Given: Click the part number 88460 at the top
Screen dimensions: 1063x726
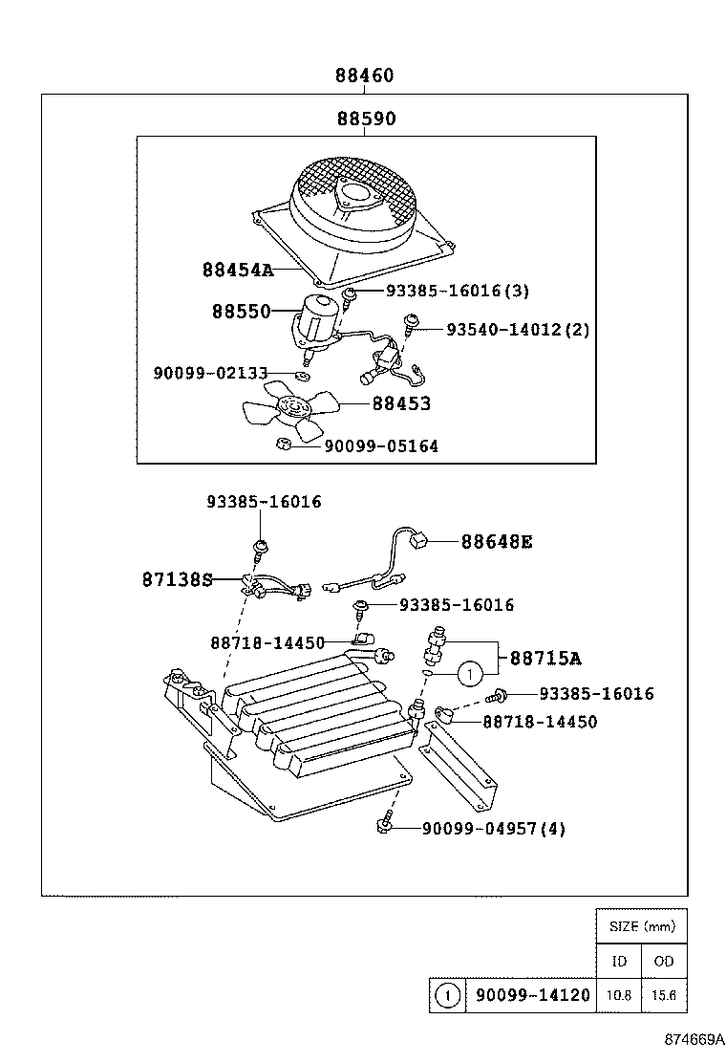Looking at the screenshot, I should (x=364, y=76).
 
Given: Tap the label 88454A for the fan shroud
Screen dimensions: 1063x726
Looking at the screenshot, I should (x=237, y=270).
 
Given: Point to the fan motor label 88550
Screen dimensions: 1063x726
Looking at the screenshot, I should (x=241, y=312).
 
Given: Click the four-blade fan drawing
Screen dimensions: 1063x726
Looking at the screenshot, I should (x=288, y=408).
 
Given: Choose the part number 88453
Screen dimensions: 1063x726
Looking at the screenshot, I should (x=399, y=404).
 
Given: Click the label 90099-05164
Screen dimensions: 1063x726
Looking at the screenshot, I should (x=381, y=446).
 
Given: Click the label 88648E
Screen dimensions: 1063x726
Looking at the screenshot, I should (x=497, y=542).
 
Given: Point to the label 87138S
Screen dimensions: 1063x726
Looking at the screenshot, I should (x=177, y=578).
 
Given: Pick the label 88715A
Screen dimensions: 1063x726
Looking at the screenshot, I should (x=545, y=659).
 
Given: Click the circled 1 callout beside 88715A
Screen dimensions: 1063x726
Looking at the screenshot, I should (x=468, y=675).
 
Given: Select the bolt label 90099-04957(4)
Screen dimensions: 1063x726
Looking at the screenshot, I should (x=493, y=829).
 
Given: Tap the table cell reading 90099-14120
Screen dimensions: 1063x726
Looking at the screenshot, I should (x=532, y=995).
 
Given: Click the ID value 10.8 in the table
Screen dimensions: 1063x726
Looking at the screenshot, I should (x=618, y=995).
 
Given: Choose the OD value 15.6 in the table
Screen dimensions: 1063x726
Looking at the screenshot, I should (x=664, y=995).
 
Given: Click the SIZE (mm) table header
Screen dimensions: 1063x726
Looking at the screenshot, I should (x=641, y=926).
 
